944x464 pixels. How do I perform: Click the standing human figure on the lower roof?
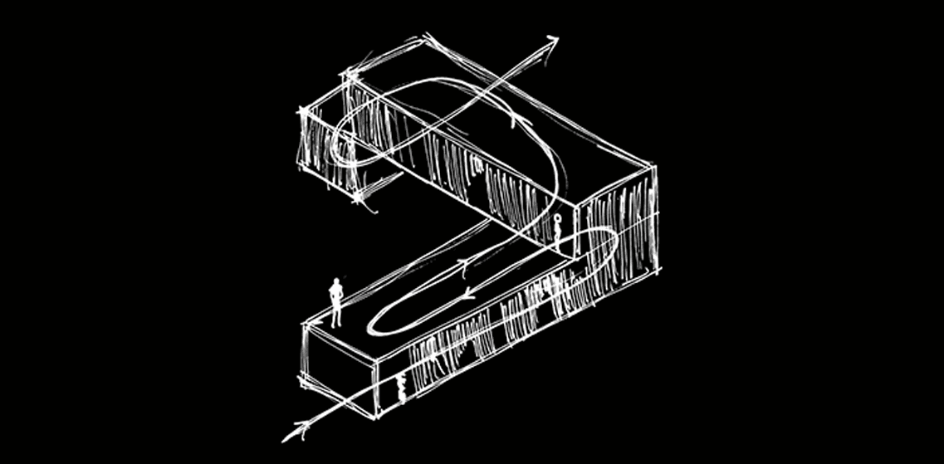click(x=336, y=302)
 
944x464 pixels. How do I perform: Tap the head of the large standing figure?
click(x=336, y=282)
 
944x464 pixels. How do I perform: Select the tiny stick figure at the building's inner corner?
click(x=559, y=222)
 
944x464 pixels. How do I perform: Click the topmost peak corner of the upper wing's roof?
click(x=428, y=37)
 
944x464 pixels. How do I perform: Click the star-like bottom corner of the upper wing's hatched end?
click(x=356, y=199)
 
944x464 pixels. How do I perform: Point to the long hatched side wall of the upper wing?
click(x=465, y=166)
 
